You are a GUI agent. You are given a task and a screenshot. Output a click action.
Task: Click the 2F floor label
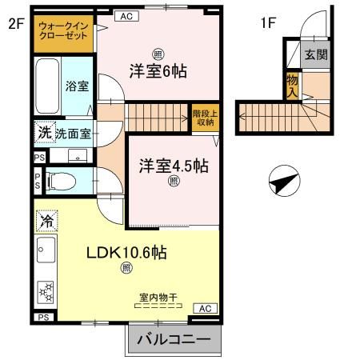click(x=16, y=23)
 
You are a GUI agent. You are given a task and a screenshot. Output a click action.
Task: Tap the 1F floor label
click(x=267, y=23)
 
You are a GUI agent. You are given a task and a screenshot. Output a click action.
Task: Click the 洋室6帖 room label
click(x=158, y=70)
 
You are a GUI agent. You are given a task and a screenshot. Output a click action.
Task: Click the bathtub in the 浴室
click(x=47, y=87)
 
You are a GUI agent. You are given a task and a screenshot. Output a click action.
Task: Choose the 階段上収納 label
click(x=203, y=118)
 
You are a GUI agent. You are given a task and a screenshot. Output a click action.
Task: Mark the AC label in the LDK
click(x=203, y=308)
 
